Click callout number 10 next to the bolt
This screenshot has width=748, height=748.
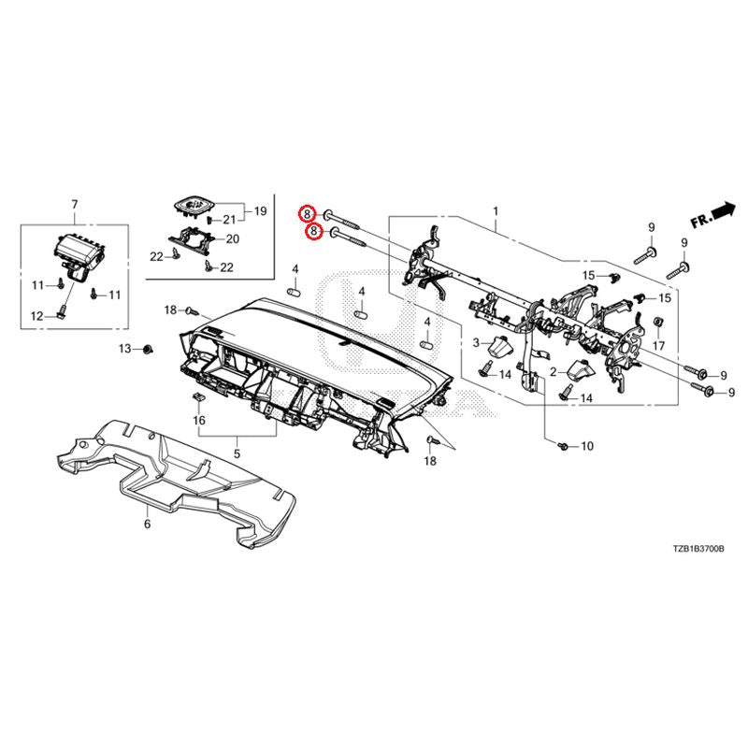[587, 447]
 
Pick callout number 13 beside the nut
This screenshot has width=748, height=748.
[124, 349]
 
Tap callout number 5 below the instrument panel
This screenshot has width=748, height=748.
[237, 453]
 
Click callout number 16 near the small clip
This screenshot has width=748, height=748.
[198, 422]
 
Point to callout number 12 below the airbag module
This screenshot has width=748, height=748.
[36, 316]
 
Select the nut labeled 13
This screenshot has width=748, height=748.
[148, 350]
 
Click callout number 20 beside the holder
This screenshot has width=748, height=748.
[232, 238]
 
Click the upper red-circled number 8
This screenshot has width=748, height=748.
[307, 214]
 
